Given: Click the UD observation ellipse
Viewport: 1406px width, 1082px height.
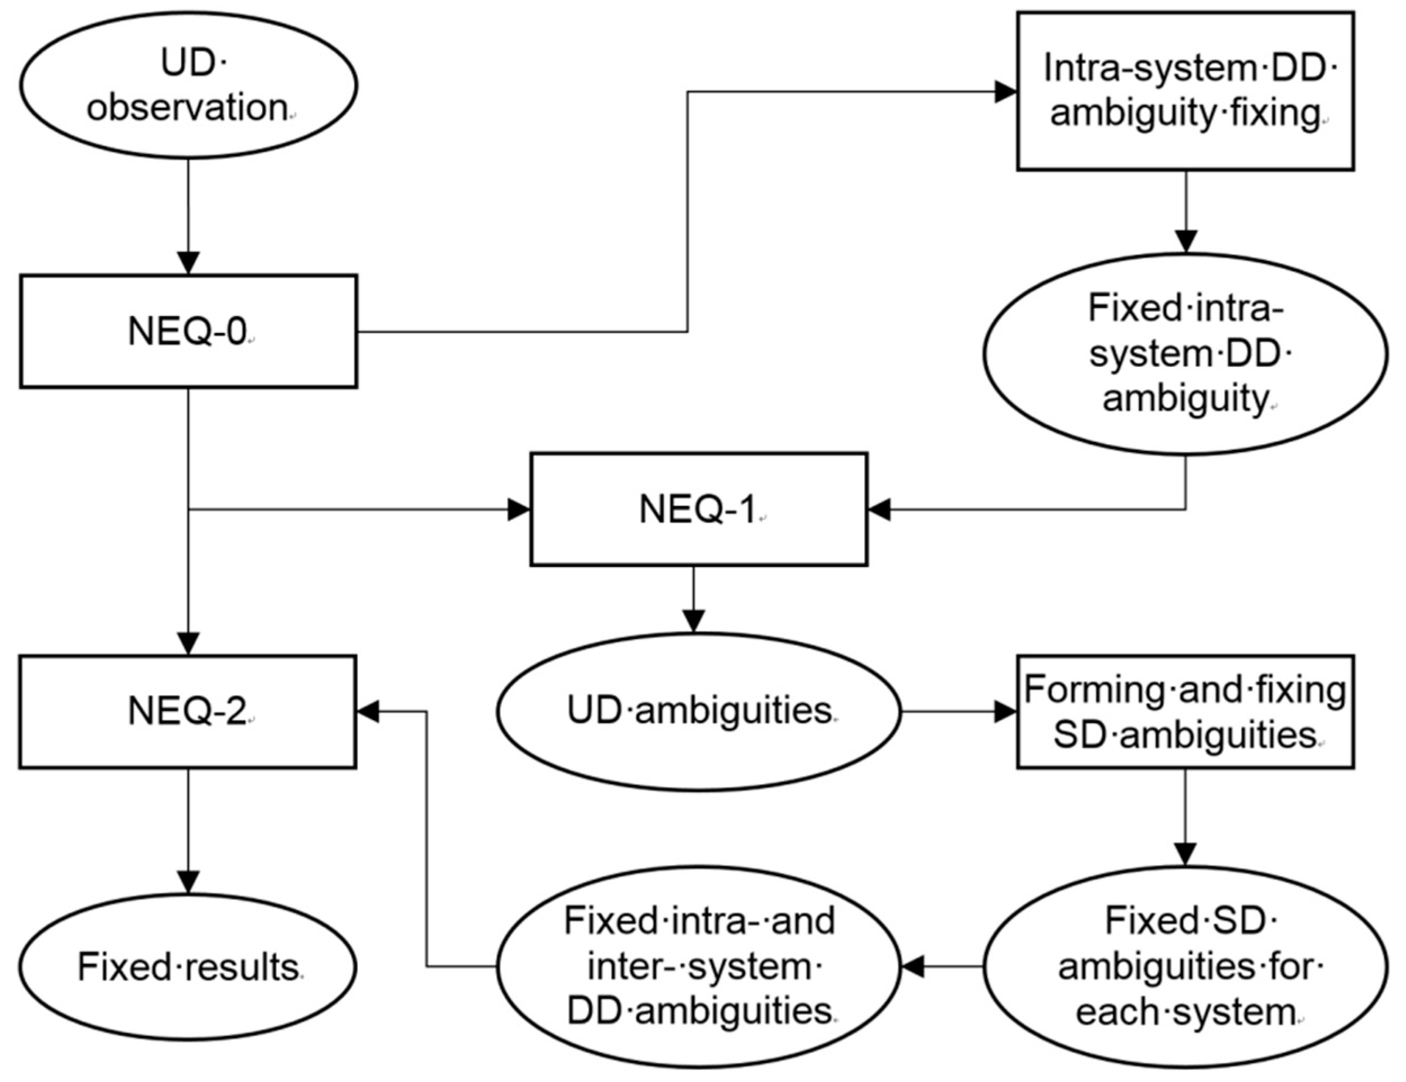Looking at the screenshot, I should click(188, 85).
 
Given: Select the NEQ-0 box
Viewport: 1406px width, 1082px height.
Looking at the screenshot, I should click(188, 331).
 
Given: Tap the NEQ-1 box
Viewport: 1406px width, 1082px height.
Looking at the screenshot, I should click(698, 509).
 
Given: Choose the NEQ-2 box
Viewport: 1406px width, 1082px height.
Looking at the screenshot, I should click(188, 712).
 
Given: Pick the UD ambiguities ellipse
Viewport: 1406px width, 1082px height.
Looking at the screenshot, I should click(698, 712).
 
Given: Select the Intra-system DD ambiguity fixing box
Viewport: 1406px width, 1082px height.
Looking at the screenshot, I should click(1185, 92).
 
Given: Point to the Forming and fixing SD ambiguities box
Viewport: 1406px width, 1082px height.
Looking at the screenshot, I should click(1185, 712).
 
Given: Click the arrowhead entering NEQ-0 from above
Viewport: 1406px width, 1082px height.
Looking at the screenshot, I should click(188, 263).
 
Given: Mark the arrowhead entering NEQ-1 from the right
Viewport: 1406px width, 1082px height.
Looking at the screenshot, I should click(880, 510).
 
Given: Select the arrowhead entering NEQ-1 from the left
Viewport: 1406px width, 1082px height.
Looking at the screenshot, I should click(518, 510).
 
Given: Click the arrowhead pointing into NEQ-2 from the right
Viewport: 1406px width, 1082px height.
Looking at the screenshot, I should click(369, 712).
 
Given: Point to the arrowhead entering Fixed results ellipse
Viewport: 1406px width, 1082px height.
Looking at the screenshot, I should click(188, 882).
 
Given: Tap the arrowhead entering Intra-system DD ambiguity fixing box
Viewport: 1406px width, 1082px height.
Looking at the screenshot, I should click(1005, 92).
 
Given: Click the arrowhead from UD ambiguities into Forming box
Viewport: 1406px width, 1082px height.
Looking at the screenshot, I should click(1005, 712).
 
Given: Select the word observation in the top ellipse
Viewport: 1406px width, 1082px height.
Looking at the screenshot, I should click(187, 108).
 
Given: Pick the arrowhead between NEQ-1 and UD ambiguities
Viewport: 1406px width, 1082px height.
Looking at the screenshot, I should click(693, 620).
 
